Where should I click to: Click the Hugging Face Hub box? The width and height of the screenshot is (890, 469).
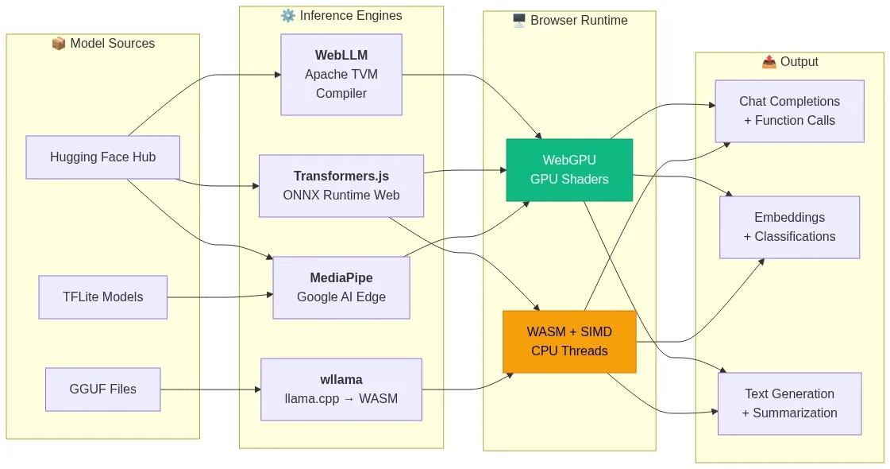[x=102, y=157]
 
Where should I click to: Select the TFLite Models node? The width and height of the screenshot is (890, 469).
[x=102, y=297]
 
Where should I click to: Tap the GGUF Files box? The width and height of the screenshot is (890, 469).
[x=102, y=390]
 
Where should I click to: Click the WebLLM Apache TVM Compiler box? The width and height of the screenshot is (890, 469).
[x=341, y=75]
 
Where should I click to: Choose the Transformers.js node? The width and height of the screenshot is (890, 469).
[x=341, y=186]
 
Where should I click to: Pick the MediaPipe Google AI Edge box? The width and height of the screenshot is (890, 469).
[x=341, y=288]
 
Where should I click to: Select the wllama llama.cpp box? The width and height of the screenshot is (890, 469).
[x=341, y=390]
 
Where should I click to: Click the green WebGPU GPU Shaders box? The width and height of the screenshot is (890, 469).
[x=569, y=170]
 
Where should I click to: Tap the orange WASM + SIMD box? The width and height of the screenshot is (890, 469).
[x=569, y=342]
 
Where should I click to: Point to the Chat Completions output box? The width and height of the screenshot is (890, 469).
[x=789, y=111]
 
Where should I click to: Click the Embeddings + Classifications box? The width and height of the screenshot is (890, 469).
[x=789, y=227]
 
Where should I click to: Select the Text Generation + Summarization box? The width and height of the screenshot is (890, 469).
[x=789, y=404]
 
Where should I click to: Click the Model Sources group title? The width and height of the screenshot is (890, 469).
[x=103, y=44]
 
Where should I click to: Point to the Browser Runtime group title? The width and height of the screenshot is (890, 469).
[x=579, y=21]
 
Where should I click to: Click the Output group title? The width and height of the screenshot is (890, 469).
[x=799, y=62]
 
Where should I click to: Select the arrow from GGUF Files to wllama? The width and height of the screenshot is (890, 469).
[x=210, y=390]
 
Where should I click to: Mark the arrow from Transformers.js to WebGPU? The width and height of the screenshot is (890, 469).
[x=464, y=171]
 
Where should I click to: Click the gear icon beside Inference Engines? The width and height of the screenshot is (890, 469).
[x=287, y=16]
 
